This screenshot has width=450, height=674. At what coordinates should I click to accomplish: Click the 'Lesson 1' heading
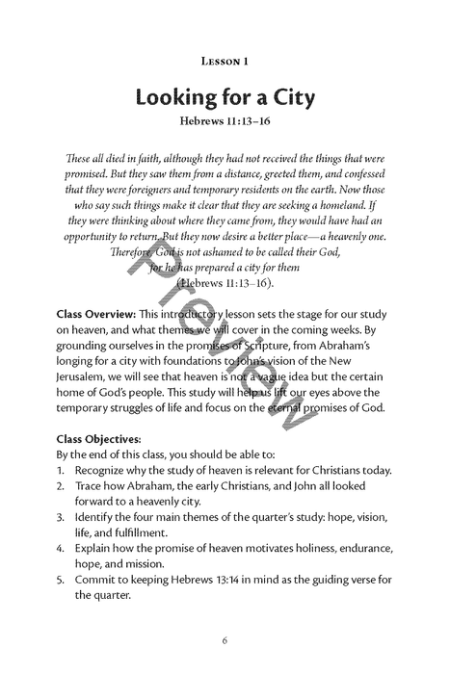225,61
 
